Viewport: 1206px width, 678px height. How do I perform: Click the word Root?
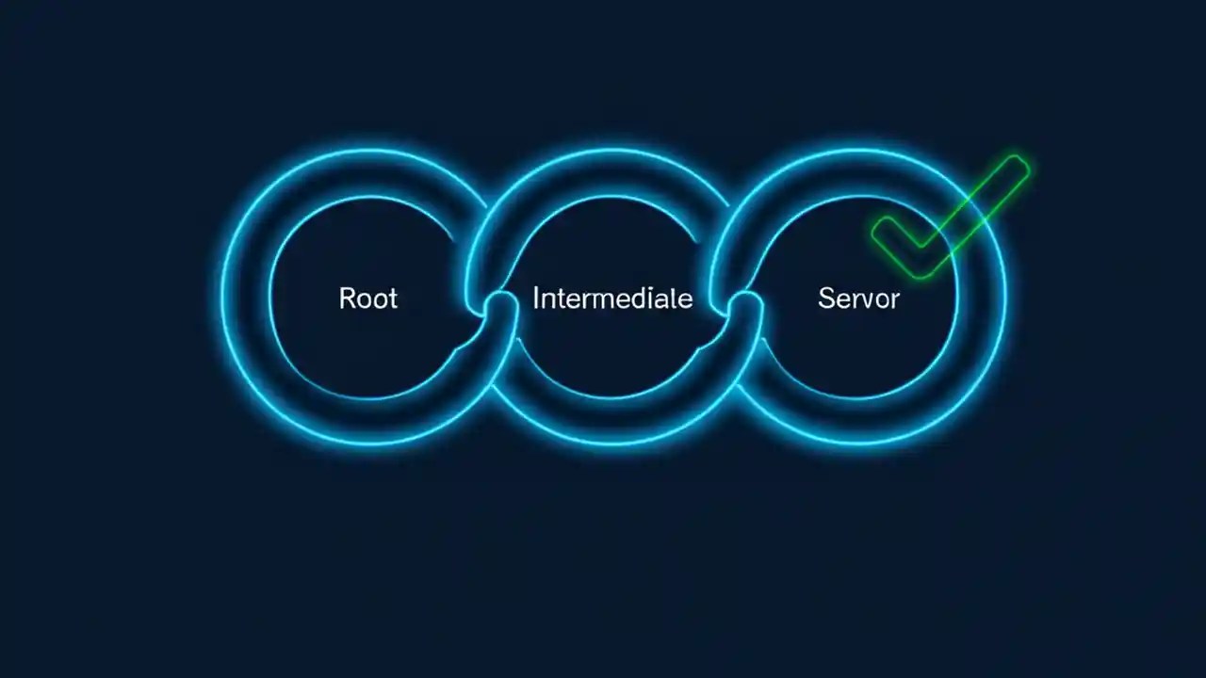(368, 299)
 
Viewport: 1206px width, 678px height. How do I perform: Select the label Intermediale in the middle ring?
(612, 299)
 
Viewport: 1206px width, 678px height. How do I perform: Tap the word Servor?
(858, 299)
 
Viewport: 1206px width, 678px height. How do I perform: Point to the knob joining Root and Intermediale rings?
(501, 304)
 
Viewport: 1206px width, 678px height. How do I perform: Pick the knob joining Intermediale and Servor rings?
(745, 304)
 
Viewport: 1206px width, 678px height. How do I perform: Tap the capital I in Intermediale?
(536, 299)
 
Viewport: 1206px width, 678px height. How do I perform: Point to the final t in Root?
(392, 299)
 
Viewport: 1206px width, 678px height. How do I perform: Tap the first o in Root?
(363, 300)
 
